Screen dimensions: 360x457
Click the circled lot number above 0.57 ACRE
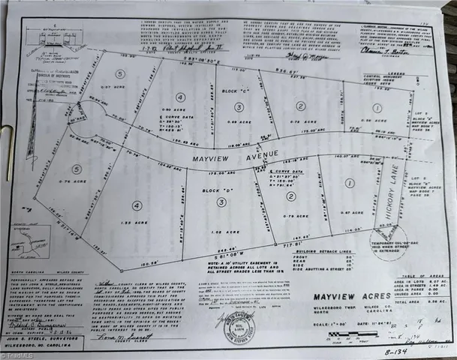(119, 74)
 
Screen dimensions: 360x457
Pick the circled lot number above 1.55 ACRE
(137, 205)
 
